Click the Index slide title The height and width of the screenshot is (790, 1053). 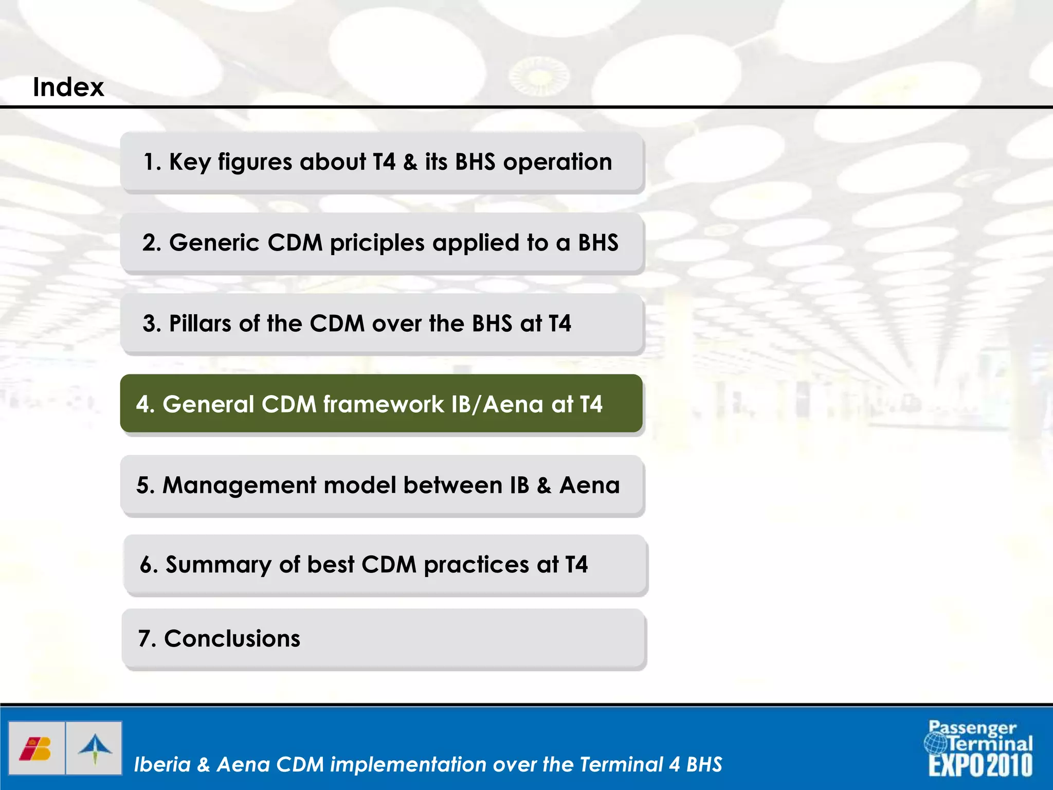point(68,87)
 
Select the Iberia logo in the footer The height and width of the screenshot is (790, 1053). point(36,748)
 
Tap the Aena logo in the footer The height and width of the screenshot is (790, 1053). point(95,748)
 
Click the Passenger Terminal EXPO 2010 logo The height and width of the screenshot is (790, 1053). point(979,748)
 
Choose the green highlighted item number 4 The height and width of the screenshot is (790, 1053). point(381,404)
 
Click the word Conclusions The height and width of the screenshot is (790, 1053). point(232,639)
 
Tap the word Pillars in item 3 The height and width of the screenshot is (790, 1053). point(200,324)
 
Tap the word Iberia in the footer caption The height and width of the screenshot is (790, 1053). point(162,764)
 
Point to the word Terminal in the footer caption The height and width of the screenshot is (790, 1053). point(621,764)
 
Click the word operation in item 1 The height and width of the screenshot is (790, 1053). point(557,163)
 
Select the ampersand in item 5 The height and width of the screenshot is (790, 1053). point(544,486)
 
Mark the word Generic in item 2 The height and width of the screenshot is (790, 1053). point(214,243)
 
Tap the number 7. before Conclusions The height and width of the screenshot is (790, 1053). point(147,639)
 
